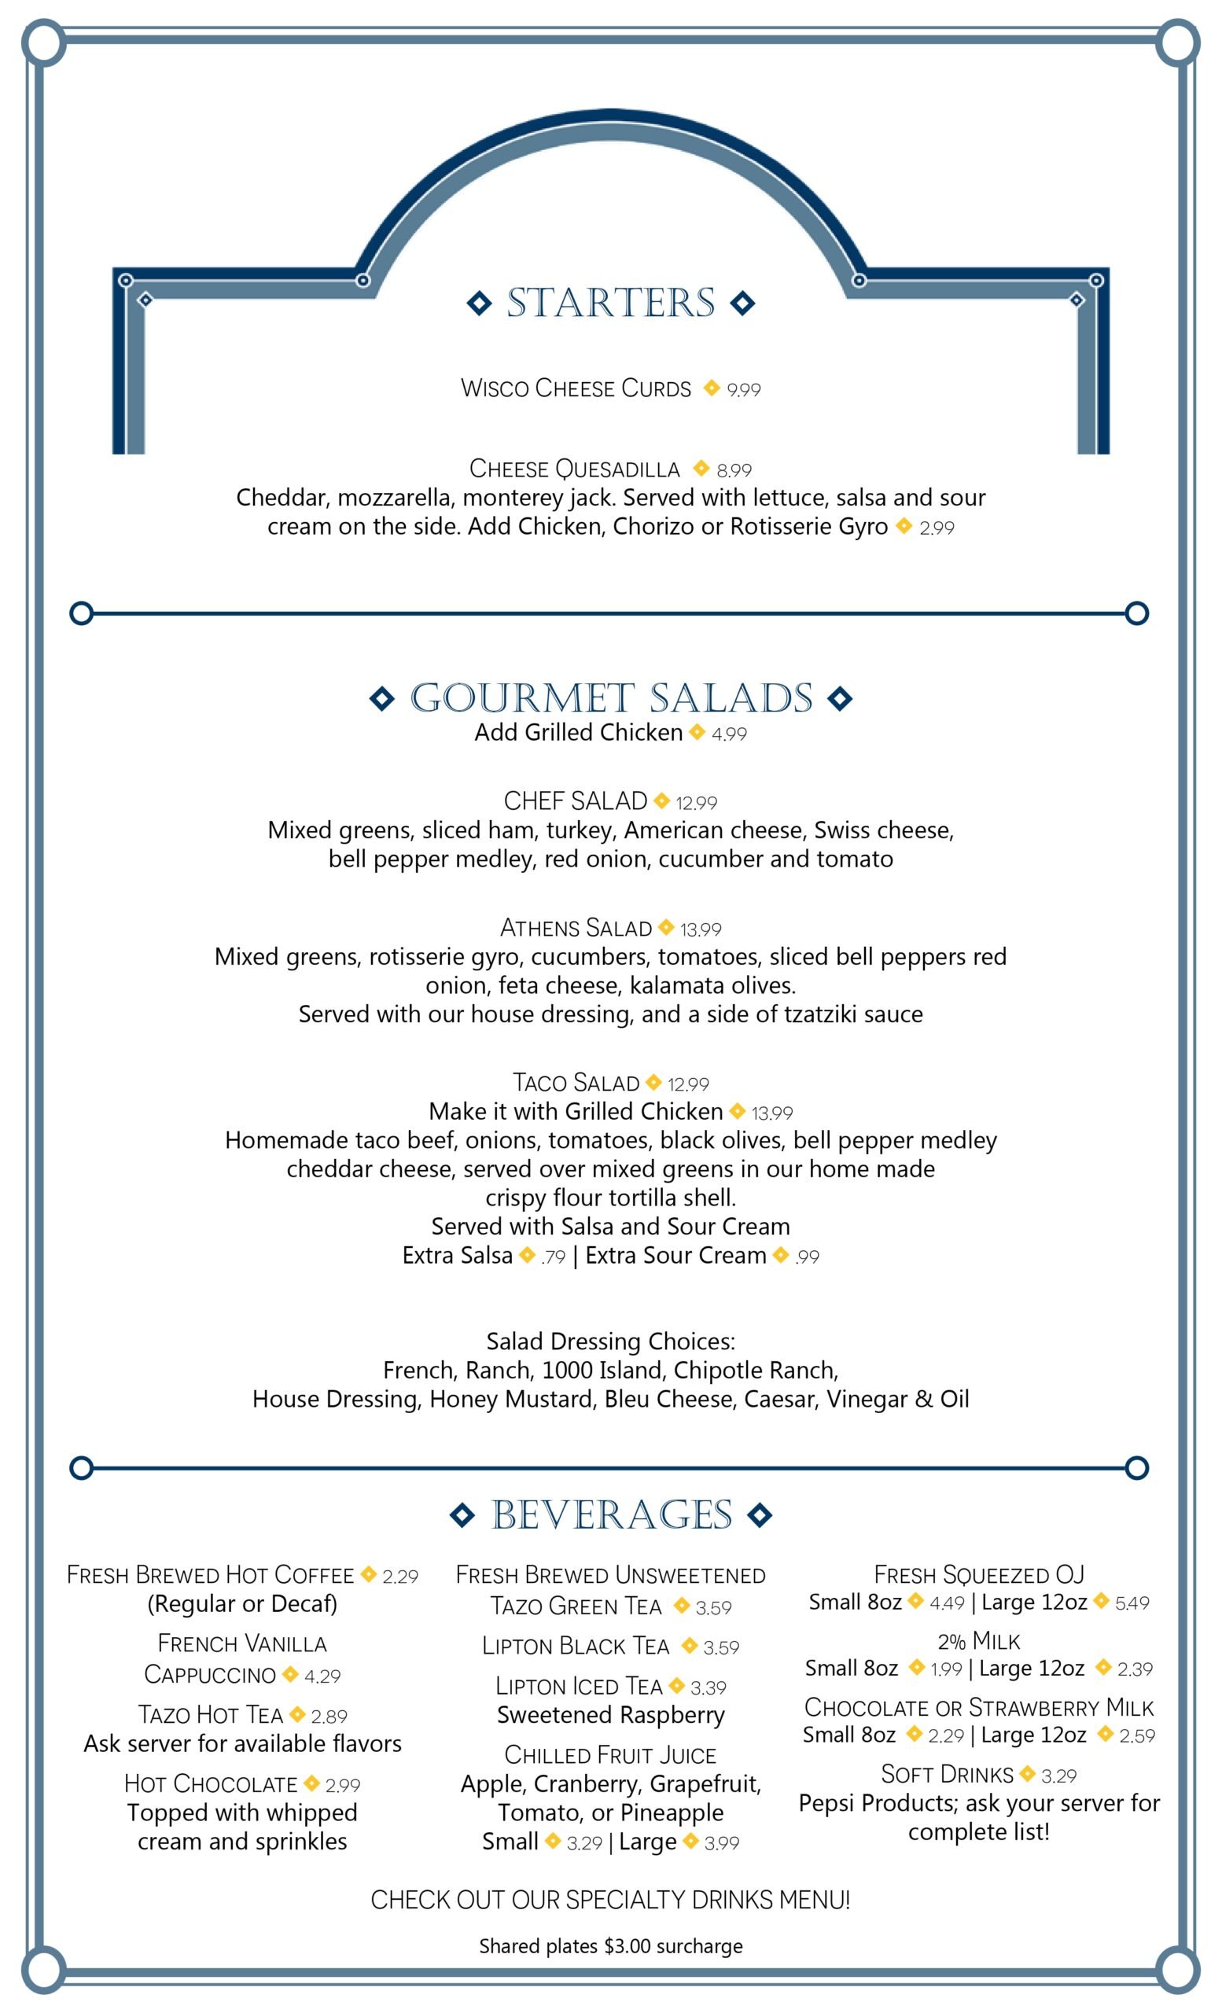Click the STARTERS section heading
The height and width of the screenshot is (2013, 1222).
click(x=610, y=303)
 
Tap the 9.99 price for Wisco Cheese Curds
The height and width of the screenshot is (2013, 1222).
click(x=743, y=390)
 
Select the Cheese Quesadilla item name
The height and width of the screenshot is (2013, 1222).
click(x=574, y=469)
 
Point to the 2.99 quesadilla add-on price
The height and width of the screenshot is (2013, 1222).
click(x=936, y=528)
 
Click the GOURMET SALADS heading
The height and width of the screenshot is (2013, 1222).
click(x=611, y=697)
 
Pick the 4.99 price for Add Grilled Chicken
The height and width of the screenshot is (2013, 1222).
click(x=729, y=734)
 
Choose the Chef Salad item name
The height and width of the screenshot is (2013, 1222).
click(x=575, y=800)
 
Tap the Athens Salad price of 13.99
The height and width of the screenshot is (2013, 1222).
click(x=701, y=929)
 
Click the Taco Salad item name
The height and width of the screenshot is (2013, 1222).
click(x=576, y=1083)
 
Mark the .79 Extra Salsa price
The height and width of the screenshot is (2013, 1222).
click(x=553, y=1257)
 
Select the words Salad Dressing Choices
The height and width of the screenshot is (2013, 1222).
click(x=610, y=1341)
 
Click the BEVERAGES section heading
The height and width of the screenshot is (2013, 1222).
click(x=611, y=1514)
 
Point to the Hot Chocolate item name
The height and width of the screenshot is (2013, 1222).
click(x=211, y=1783)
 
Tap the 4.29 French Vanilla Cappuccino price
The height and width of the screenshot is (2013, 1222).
click(x=322, y=1676)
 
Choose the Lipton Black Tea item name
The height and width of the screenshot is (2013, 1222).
click(x=575, y=1647)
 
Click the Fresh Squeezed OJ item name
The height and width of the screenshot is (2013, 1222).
click(x=978, y=1574)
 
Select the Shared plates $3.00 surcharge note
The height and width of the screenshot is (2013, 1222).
click(x=610, y=1946)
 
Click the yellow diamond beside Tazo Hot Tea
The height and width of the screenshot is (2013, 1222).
click(x=297, y=1714)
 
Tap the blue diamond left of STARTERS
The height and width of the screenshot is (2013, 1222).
click(x=480, y=303)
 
